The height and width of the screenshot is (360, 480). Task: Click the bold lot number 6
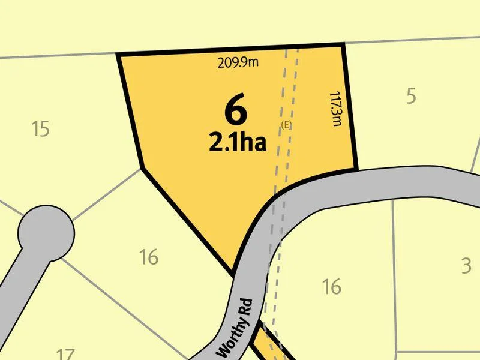tap(236, 109)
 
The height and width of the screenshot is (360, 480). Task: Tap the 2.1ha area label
tap(237, 142)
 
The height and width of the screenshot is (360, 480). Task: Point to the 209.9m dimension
tap(238, 62)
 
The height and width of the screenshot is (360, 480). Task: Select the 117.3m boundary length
tap(336, 109)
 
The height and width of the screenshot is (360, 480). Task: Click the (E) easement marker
tap(286, 124)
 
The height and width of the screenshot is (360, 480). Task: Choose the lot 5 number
tap(411, 96)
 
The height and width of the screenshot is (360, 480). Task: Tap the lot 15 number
tap(40, 128)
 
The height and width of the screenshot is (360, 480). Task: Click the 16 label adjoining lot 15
tap(148, 257)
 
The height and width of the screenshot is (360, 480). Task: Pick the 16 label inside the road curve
tap(331, 287)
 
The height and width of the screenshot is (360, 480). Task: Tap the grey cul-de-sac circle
tap(46, 233)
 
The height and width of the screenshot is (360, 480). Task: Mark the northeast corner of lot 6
tap(343, 44)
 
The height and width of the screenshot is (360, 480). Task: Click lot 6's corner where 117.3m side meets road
tap(356, 169)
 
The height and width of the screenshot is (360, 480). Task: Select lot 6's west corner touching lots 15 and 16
tap(142, 168)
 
